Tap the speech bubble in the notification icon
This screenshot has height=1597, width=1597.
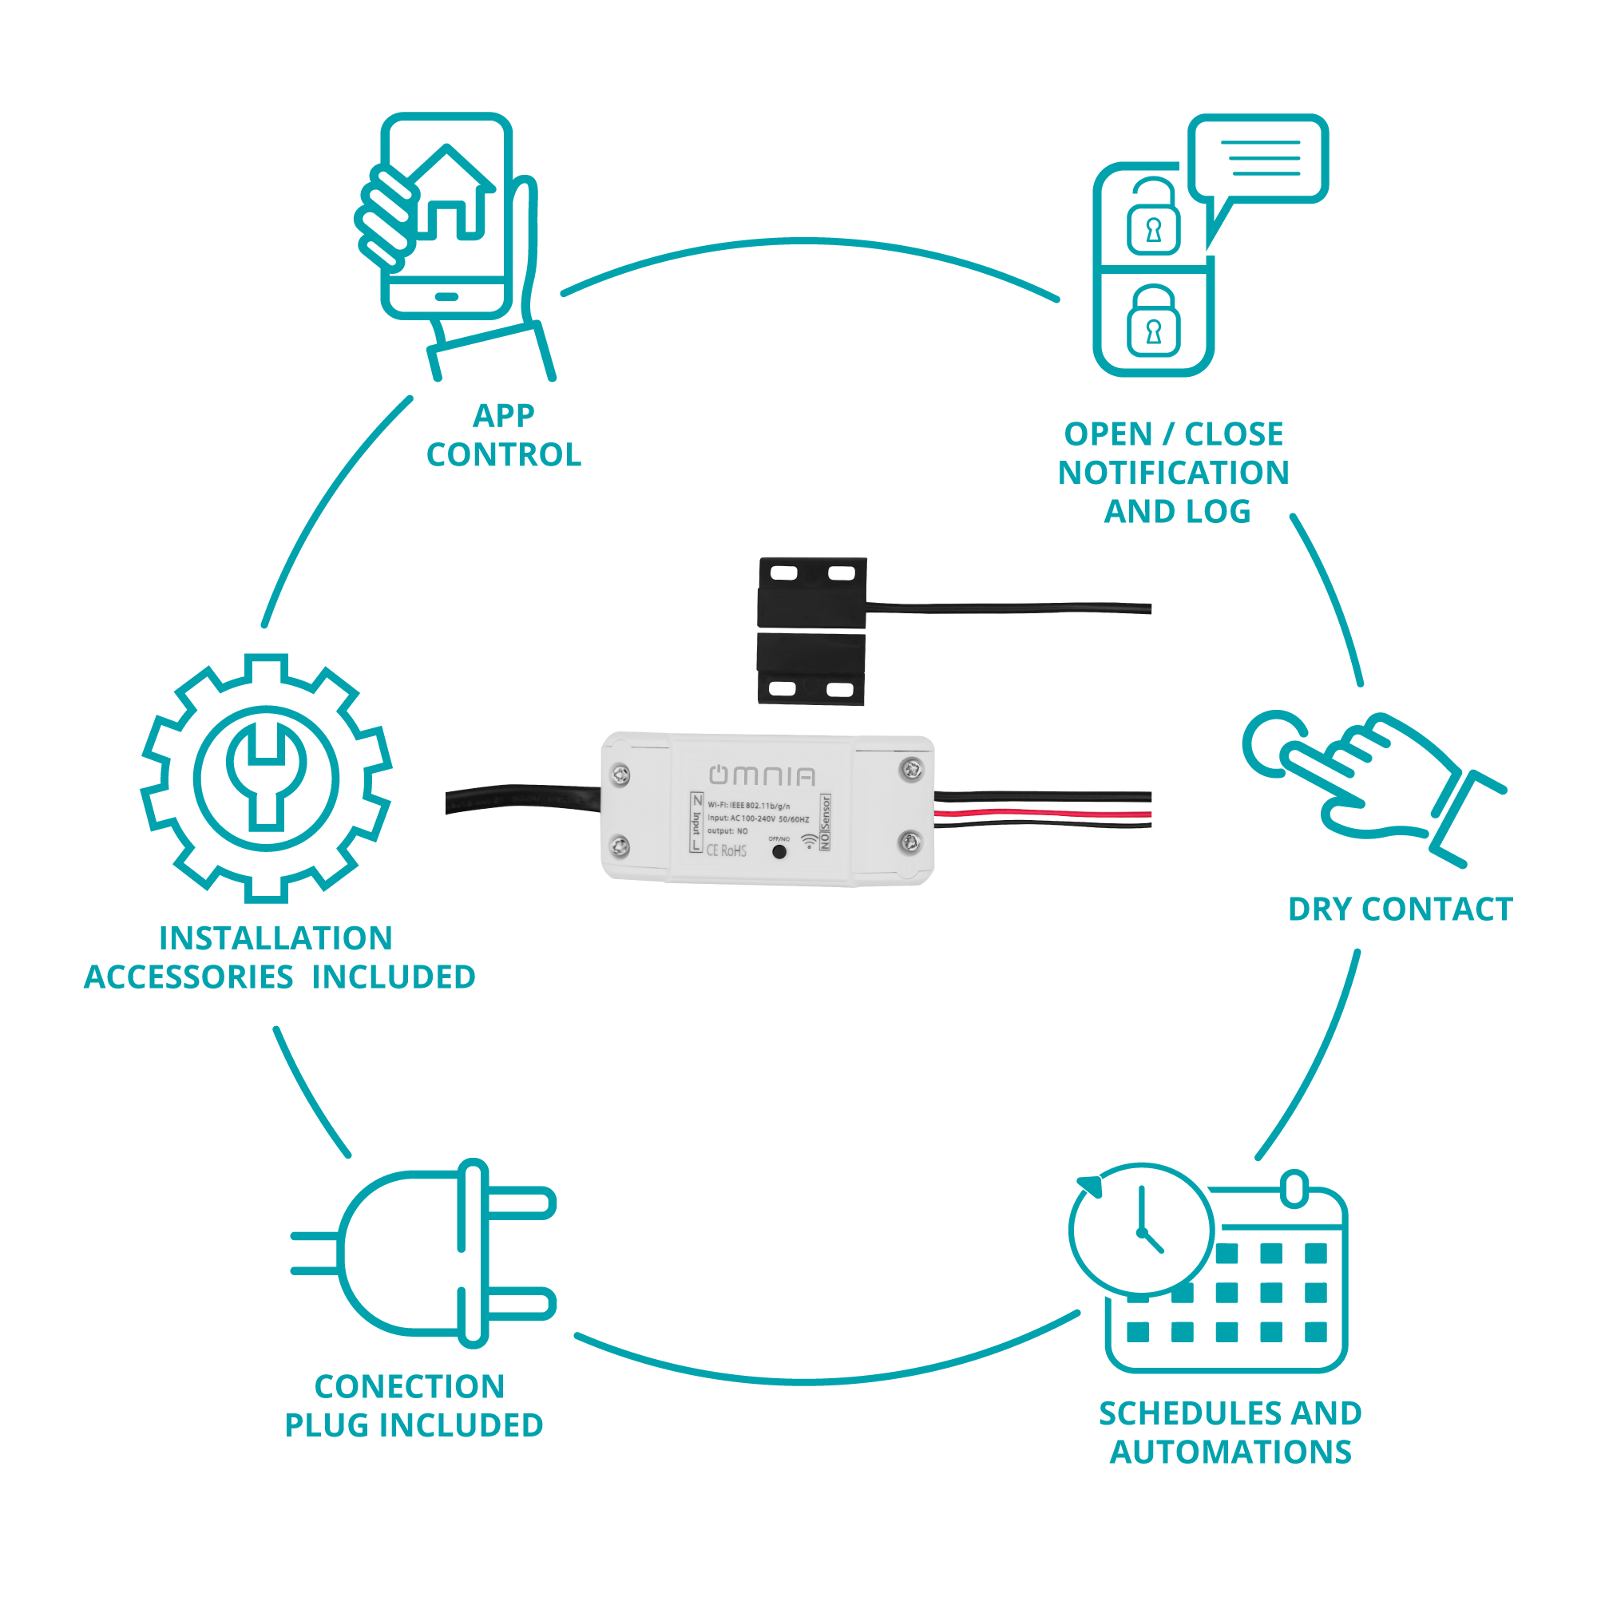[1258, 158]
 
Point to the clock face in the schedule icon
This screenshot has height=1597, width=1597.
[1142, 1229]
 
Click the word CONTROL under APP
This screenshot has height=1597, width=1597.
[503, 454]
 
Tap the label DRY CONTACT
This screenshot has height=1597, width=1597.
[1401, 909]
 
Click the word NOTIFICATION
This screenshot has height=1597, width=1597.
[1173, 473]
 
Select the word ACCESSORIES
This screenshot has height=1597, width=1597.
[188, 977]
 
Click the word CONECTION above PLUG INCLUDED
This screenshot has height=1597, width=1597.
[409, 1386]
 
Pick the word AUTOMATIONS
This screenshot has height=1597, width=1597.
[1230, 1452]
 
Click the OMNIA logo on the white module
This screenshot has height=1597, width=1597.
[761, 775]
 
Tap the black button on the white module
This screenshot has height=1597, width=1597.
[779, 851]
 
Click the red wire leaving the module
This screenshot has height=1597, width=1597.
[1041, 814]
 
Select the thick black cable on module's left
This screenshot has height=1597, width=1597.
[521, 798]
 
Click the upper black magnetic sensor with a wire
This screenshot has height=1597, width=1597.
[812, 592]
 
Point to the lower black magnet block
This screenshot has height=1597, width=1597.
[811, 670]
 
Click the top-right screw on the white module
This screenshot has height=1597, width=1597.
[911, 770]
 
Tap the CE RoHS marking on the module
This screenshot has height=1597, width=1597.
[726, 850]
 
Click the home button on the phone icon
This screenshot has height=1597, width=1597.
[446, 296]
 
